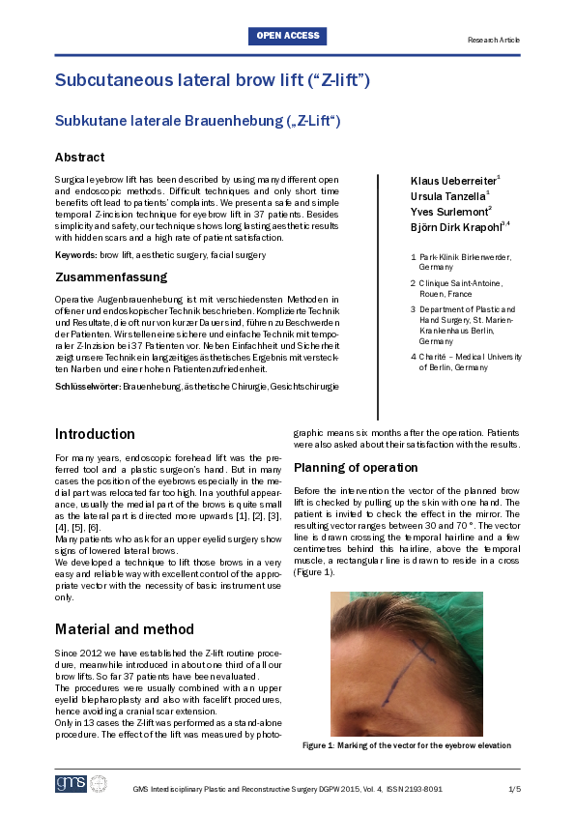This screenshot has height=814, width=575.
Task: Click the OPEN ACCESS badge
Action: pyautogui.click(x=288, y=36)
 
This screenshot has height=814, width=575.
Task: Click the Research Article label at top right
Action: pyautogui.click(x=493, y=41)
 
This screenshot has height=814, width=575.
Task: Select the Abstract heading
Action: pyautogui.click(x=80, y=157)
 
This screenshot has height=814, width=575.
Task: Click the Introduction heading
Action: pyautogui.click(x=95, y=434)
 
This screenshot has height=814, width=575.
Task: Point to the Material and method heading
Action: pyautogui.click(x=125, y=602)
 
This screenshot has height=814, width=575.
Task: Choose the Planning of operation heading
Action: pyautogui.click(x=355, y=468)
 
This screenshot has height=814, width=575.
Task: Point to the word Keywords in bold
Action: pyautogui.click(x=75, y=253)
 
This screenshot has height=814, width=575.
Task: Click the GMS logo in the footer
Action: pyautogui.click(x=71, y=783)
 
